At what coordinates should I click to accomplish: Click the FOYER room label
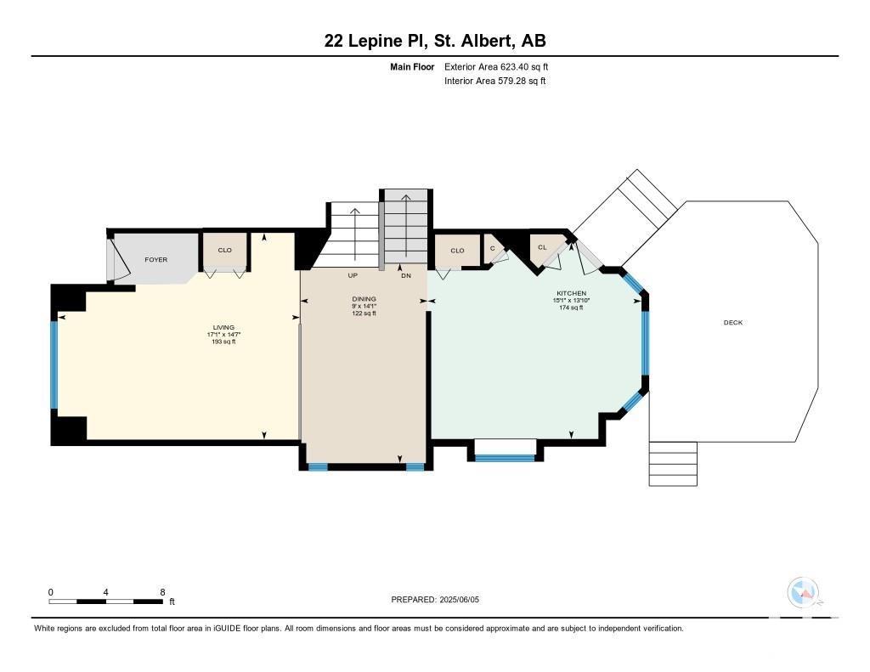(156, 260)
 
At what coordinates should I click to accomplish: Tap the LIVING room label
(223, 327)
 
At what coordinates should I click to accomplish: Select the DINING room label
(364, 298)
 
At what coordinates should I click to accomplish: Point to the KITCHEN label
(572, 293)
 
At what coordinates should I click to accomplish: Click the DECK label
(733, 322)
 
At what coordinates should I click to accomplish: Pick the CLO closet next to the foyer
(224, 251)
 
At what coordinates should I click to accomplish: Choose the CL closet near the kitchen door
(542, 247)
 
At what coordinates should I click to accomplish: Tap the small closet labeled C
(492, 248)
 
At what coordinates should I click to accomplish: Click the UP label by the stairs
(353, 275)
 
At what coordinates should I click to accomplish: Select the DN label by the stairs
(406, 275)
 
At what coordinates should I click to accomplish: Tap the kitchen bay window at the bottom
(505, 459)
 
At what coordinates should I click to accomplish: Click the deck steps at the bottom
(673, 464)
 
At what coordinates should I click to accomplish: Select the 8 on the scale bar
(162, 592)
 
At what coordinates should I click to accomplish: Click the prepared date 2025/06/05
(459, 599)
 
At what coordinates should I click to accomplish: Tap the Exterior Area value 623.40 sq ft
(524, 66)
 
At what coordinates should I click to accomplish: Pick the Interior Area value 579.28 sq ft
(522, 81)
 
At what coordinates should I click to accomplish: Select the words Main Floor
(412, 66)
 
